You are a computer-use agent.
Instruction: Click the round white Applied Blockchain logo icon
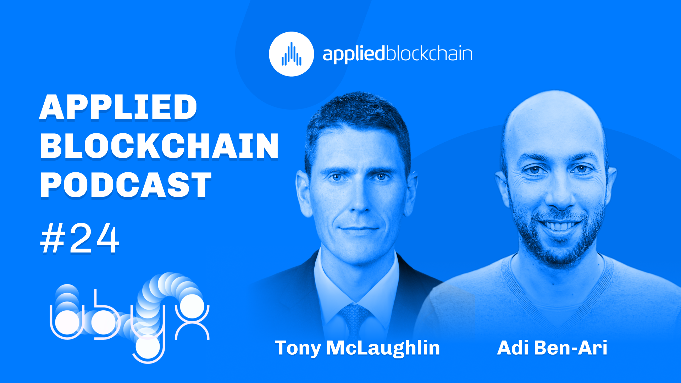tap(291, 54)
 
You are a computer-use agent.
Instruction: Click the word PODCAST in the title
tap(126, 185)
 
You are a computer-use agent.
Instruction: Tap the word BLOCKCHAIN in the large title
tap(159, 146)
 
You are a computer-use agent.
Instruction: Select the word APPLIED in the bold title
tap(118, 107)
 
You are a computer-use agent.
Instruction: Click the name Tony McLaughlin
tap(357, 348)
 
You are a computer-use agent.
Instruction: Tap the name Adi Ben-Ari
tap(552, 348)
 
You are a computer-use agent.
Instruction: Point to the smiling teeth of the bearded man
tap(560, 226)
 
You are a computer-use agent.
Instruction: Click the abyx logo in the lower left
tap(130, 318)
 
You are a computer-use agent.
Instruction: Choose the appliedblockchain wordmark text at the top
tap(397, 54)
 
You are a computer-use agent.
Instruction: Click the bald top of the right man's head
tap(553, 117)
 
